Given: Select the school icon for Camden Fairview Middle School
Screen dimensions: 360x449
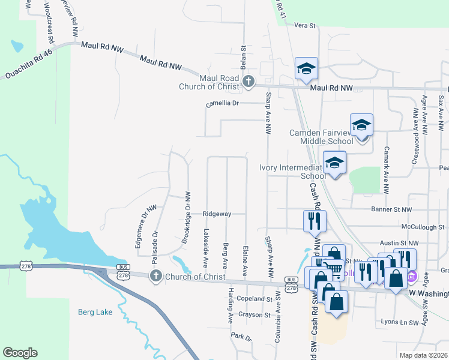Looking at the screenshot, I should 361,126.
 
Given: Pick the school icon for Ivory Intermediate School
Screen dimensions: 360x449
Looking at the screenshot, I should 335,162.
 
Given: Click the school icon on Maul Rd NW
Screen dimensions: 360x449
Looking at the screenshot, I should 306,69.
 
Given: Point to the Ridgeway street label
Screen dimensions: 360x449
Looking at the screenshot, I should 217,214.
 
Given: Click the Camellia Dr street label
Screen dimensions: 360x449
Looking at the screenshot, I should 222,103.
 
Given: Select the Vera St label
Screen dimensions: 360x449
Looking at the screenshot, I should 305,25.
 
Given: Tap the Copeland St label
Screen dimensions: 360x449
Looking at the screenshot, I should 255,298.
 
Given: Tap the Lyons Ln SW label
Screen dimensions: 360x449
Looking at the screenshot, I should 399,322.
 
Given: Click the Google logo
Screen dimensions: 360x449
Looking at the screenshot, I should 20,353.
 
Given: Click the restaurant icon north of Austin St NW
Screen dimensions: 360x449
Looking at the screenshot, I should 315,221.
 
